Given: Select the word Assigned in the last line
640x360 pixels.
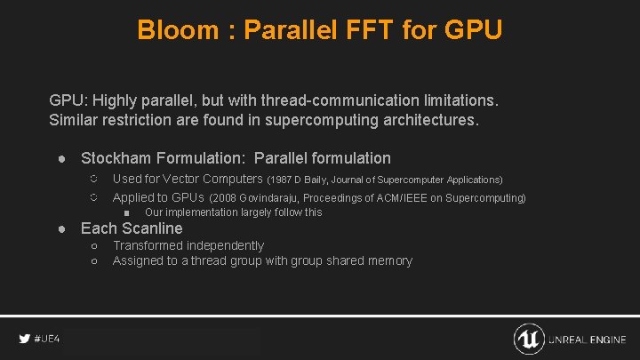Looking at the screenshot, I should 138,261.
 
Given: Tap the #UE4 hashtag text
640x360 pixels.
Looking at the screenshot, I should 47,340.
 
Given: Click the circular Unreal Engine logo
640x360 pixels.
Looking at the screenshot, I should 529,339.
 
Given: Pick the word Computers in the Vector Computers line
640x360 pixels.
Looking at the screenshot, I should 226,179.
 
